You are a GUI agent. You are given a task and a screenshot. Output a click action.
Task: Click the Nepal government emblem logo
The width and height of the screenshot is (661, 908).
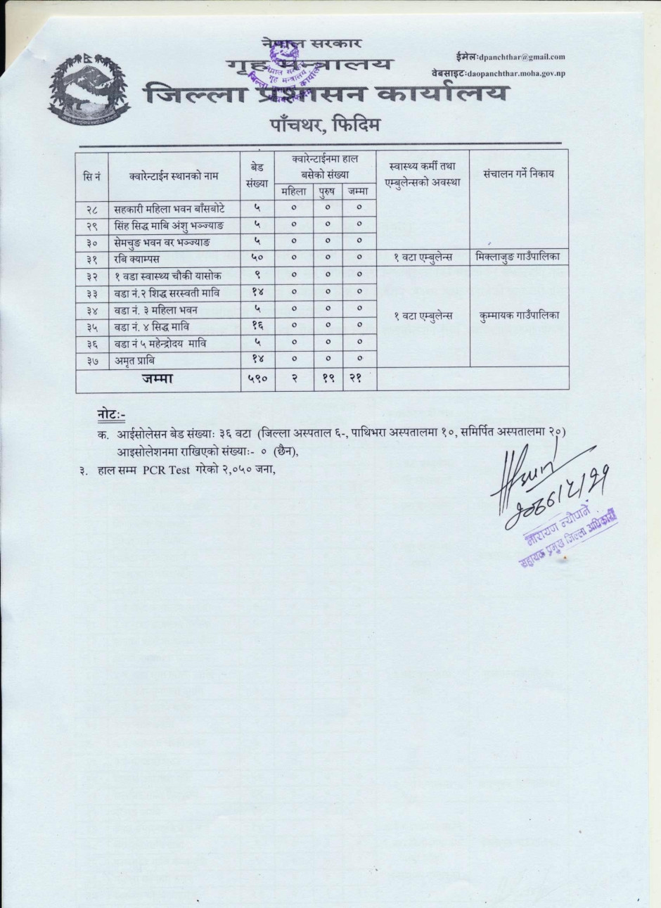[89, 88]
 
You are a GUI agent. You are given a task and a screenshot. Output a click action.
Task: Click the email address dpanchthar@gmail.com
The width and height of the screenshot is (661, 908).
[521, 56]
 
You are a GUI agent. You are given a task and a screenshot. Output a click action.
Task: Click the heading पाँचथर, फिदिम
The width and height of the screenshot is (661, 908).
[325, 126]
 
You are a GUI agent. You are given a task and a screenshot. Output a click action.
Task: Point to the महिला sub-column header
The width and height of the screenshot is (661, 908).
[293, 191]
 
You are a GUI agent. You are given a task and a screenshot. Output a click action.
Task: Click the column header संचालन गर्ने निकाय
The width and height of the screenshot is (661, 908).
[518, 173]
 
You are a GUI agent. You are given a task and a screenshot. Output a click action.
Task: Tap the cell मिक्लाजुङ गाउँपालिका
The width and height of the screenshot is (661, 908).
[518, 258]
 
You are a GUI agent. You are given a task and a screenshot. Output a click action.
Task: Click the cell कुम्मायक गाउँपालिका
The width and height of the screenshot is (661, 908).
[518, 315]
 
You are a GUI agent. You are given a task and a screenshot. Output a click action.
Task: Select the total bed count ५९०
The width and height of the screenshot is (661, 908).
[257, 378]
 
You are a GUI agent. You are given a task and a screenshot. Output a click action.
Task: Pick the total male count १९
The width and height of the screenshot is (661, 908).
[327, 378]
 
